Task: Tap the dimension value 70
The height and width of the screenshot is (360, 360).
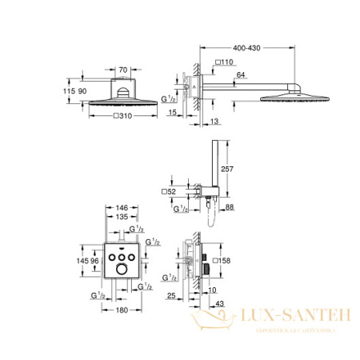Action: coord(122,71)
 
